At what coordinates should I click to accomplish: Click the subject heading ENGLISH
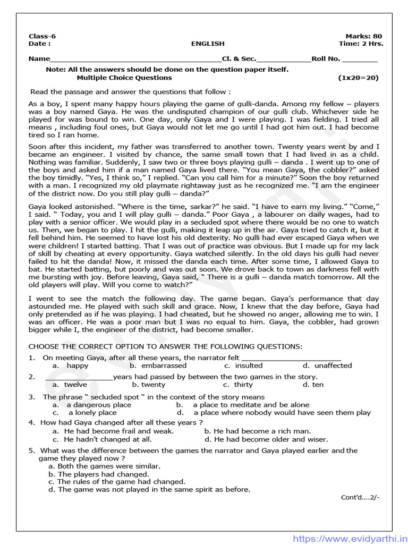[x=208, y=44]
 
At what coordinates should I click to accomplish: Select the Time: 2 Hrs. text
[x=361, y=44]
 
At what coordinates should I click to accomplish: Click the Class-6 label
[x=42, y=36]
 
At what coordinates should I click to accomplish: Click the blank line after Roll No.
[x=360, y=59]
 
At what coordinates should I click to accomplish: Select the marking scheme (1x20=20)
[x=359, y=78]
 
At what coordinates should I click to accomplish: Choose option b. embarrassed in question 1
[x=158, y=365]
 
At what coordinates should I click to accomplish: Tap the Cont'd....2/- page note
[x=360, y=498]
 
